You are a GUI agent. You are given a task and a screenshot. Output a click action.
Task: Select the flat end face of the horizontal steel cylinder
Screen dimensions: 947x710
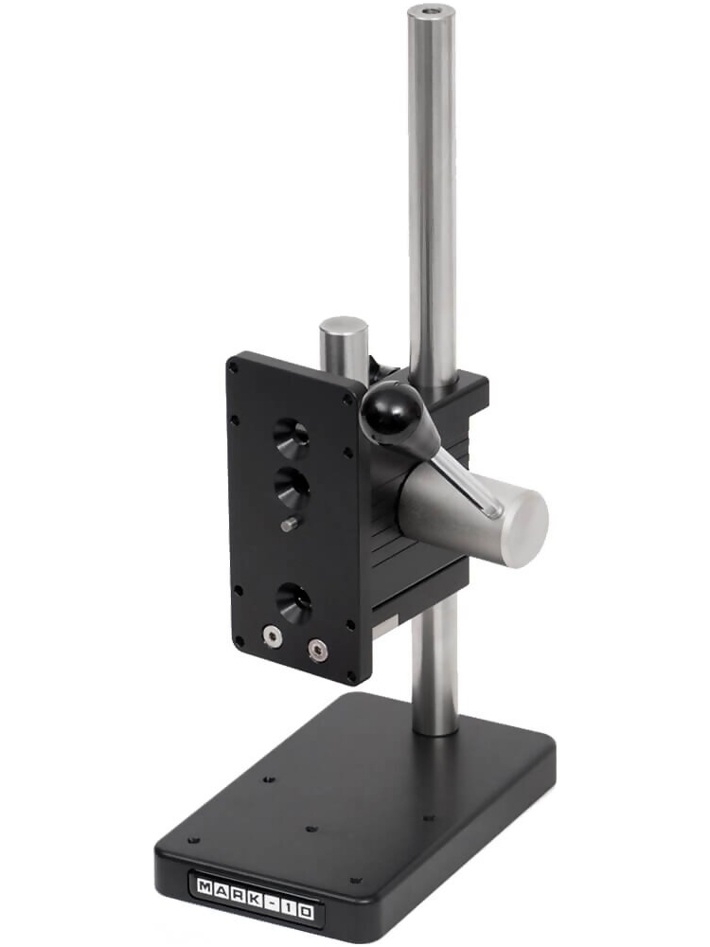(524, 528)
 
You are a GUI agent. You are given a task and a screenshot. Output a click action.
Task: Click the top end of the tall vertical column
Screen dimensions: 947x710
(431, 14)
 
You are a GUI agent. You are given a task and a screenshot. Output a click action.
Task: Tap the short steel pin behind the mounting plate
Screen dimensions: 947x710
(343, 341)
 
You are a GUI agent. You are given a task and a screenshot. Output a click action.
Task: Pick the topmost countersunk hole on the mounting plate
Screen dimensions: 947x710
(291, 438)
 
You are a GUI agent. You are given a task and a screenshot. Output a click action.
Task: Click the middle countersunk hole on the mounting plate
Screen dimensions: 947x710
(293, 487)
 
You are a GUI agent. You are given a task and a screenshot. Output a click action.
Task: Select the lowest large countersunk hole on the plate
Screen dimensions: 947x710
(293, 602)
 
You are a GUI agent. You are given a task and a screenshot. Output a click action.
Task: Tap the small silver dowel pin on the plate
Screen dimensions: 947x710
(288, 524)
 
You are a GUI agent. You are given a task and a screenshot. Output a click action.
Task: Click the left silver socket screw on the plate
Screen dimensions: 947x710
(273, 639)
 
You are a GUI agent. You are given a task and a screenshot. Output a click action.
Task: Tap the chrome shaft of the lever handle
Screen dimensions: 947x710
(464, 478)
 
